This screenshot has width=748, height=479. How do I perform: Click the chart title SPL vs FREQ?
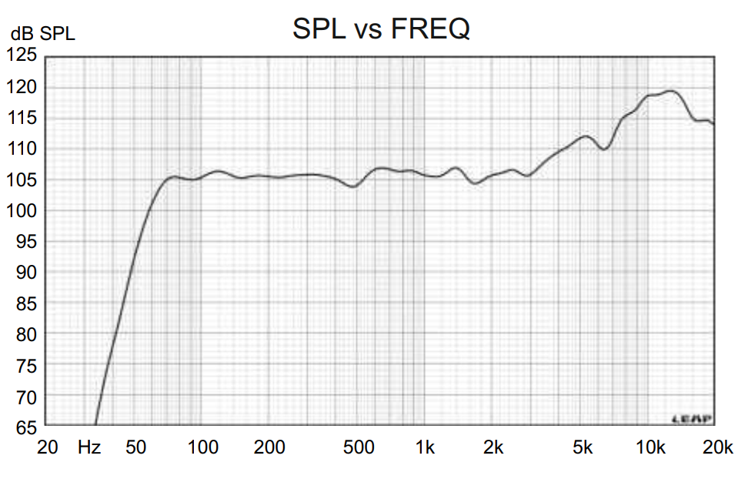point(381,29)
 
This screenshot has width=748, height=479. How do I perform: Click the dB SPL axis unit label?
point(43,35)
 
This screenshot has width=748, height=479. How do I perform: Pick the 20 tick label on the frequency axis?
point(48,447)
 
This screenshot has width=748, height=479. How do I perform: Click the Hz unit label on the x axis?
point(89,447)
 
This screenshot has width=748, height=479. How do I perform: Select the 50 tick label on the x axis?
point(135,447)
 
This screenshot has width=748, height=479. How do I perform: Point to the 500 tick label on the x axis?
point(359,447)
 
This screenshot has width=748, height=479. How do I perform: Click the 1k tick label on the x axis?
point(425,447)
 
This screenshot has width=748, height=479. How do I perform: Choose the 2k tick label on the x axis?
point(493,447)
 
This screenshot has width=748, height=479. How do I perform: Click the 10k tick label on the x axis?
point(650,447)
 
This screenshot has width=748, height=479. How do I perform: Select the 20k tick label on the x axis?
point(717,447)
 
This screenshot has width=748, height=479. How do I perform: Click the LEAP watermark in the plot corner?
point(693,419)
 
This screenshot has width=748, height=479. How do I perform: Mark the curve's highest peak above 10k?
point(672,91)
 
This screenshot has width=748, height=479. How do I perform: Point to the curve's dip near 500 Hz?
point(352,186)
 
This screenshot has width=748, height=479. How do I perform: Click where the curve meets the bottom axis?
point(95,424)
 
